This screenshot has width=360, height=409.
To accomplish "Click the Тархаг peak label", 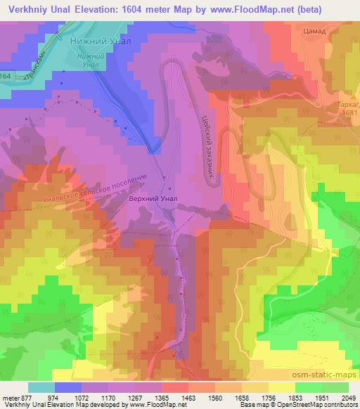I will tap(346, 104).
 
